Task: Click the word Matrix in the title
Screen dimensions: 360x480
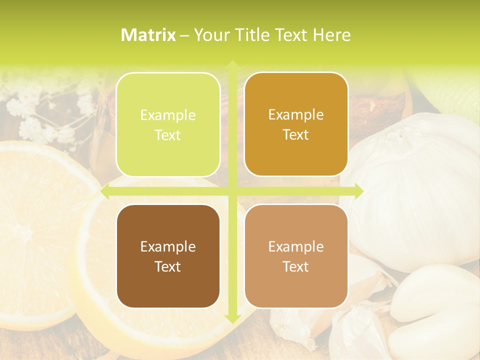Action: [x=148, y=35]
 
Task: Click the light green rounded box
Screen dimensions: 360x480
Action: [x=168, y=124]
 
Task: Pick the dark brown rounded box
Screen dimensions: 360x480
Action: [x=168, y=256]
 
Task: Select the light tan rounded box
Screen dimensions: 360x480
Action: [x=296, y=256]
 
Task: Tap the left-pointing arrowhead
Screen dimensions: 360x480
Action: [x=105, y=191]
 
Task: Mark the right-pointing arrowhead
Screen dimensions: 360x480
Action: [x=358, y=191]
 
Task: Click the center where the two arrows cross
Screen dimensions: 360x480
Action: [x=232, y=191]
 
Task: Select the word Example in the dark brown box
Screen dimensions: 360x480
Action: [x=168, y=246]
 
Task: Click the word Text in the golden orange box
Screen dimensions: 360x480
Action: [x=296, y=134]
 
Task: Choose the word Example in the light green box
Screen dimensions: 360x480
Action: [x=168, y=115]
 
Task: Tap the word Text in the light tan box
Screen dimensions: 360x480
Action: [x=296, y=266]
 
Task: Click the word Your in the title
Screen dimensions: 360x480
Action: [x=210, y=35]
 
